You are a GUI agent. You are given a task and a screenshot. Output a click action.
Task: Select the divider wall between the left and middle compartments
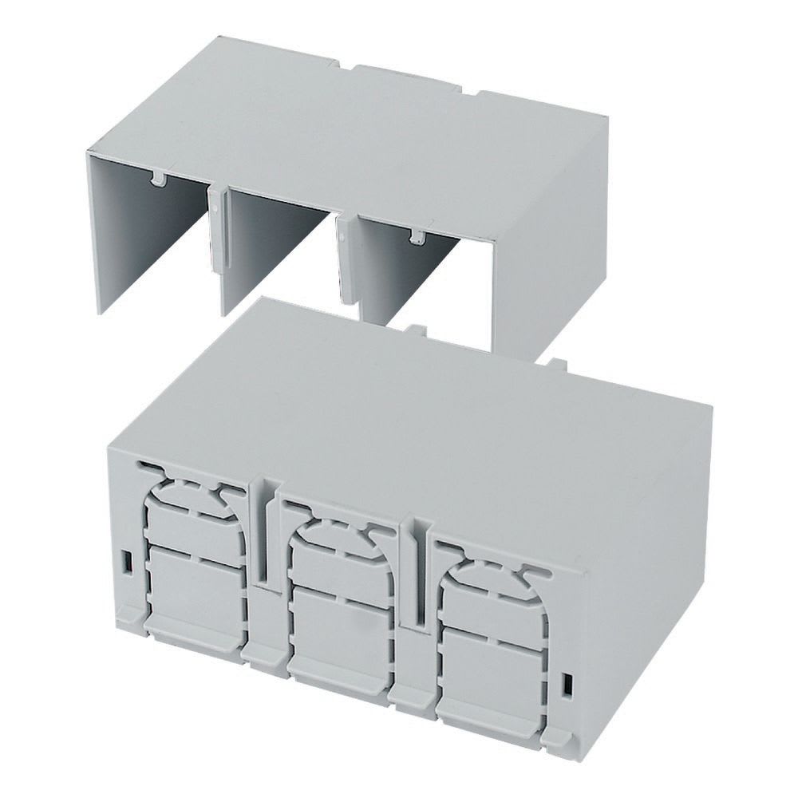pyautogui.click(x=217, y=239)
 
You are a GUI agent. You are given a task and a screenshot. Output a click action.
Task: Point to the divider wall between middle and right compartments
pyautogui.click(x=346, y=263)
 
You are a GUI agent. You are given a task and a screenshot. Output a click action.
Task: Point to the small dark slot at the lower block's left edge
pyautogui.click(x=126, y=561)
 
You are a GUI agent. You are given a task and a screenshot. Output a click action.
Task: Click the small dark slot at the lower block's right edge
pyautogui.click(x=567, y=685)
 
